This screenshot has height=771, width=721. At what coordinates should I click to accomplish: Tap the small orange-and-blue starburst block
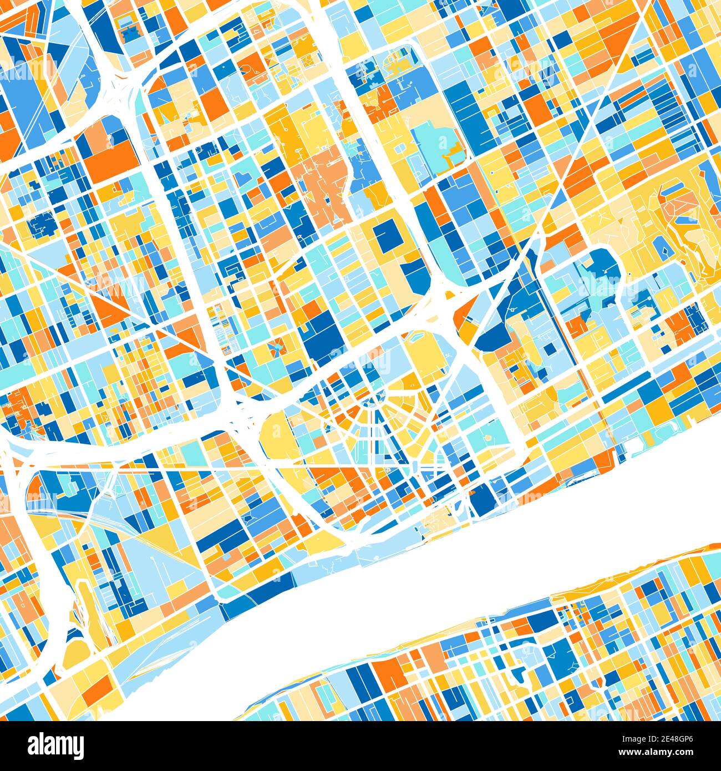pyautogui.click(x=276, y=348)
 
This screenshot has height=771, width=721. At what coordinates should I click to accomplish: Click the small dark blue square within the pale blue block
pyautogui.click(x=550, y=348)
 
